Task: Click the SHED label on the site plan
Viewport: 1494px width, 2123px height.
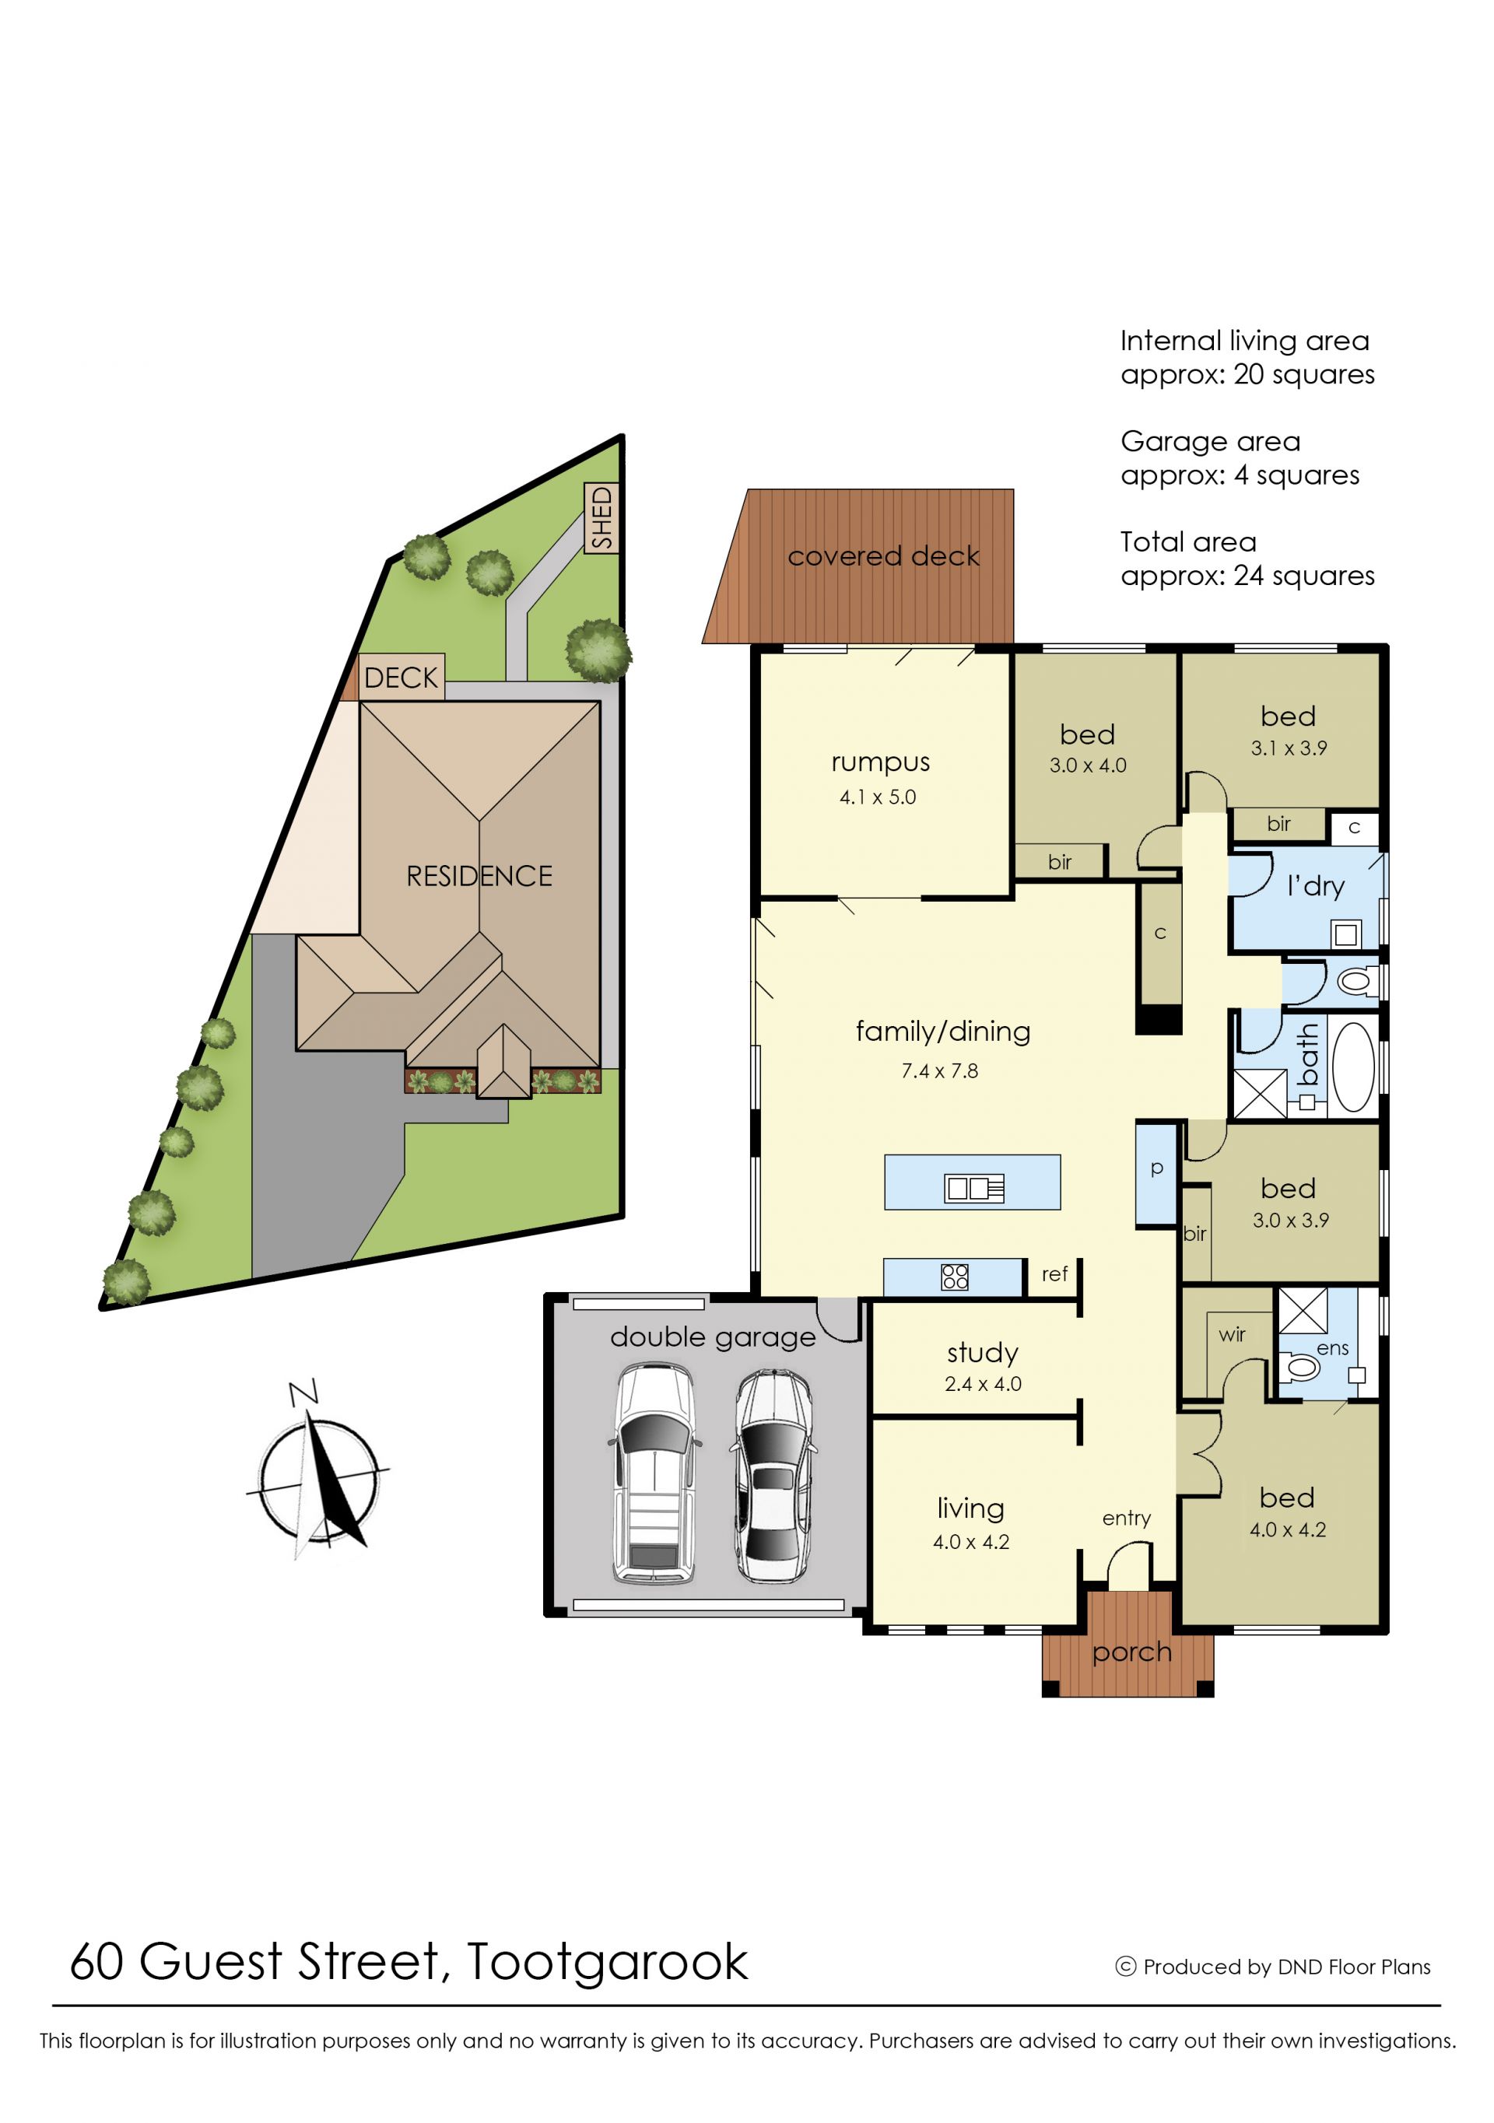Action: pos(602,518)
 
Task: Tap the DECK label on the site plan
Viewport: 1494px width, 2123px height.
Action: pos(401,678)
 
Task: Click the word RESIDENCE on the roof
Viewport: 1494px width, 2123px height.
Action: pos(479,876)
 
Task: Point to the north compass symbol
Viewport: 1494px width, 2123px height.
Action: pos(317,1470)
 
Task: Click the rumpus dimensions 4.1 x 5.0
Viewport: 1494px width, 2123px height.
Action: pos(878,797)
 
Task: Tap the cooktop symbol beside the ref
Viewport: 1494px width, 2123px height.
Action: pos(955,1277)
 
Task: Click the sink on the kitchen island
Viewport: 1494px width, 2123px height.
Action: pos(974,1188)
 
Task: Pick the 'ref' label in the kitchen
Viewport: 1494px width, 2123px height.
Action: pos(1054,1274)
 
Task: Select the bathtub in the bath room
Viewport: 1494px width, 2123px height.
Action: pos(1353,1067)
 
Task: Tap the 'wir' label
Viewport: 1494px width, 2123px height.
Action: pos(1231,1334)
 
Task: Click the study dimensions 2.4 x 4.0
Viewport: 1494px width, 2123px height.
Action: pos(983,1384)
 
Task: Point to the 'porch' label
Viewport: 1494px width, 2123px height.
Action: pos(1131,1653)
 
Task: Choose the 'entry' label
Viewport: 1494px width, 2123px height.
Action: pos(1126,1519)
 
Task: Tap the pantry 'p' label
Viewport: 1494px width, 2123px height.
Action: pos(1156,1168)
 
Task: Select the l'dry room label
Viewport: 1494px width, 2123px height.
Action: pos(1316,887)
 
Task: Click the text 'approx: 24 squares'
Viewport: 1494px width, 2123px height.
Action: pos(1247,575)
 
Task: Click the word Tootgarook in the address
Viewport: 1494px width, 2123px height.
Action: pos(607,1962)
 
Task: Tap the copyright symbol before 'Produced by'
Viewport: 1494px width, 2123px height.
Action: pos(1126,1967)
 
